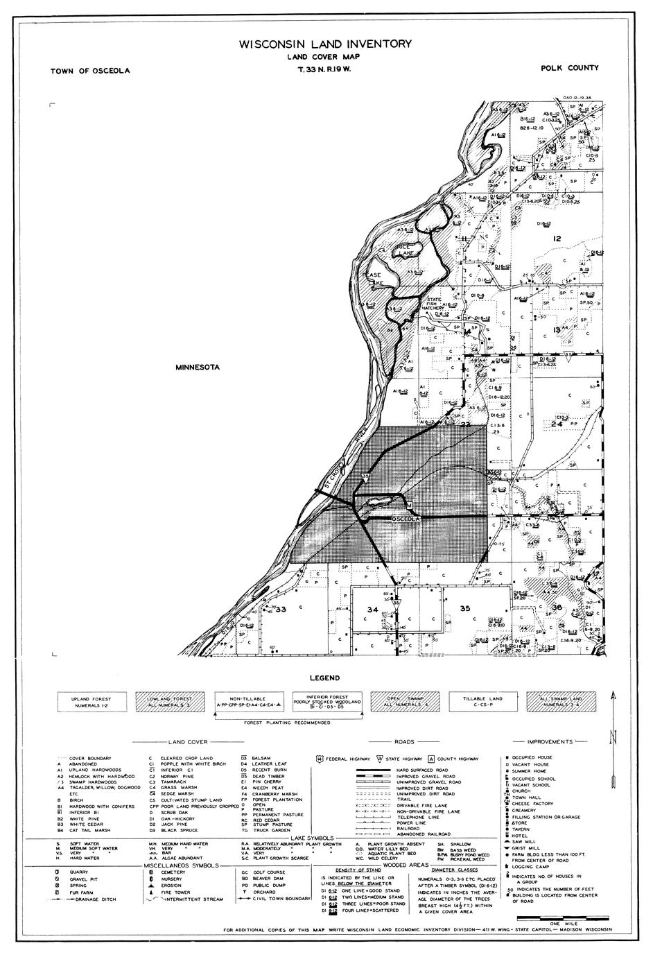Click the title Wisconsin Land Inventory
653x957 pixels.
(325, 44)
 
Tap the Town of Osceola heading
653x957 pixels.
(89, 71)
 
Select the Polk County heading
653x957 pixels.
(571, 68)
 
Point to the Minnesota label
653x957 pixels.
(198, 367)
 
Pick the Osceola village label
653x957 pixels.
(408, 519)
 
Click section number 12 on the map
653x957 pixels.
(556, 239)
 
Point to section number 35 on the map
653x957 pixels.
(465, 608)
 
